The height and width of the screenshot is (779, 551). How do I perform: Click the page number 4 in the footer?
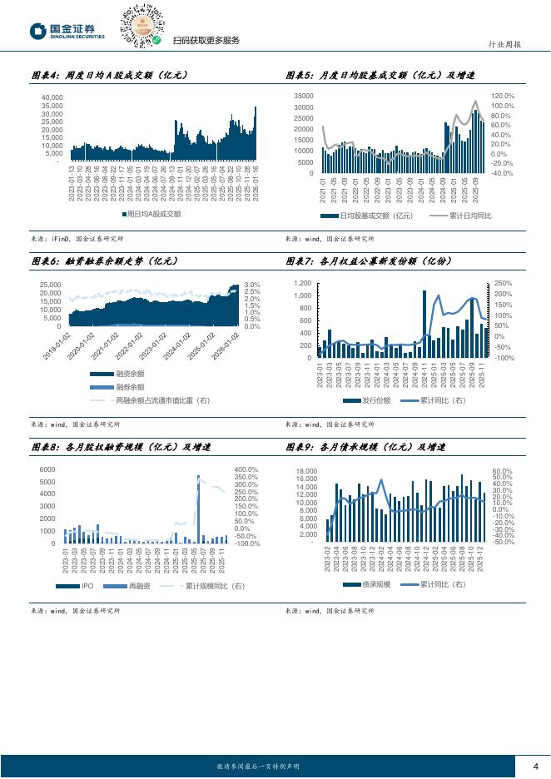pyautogui.click(x=535, y=766)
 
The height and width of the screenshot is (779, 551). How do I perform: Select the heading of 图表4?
pyautogui.click(x=109, y=75)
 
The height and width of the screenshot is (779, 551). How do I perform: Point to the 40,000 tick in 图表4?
pyautogui.click(x=52, y=97)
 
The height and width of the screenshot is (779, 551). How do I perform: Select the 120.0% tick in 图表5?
pyautogui.click(x=504, y=97)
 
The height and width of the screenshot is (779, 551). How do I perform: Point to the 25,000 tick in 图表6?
pyautogui.click(x=49, y=285)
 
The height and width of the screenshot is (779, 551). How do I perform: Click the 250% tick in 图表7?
pyautogui.click(x=503, y=284)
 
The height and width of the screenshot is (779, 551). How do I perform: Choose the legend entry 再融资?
pyautogui.click(x=134, y=587)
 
